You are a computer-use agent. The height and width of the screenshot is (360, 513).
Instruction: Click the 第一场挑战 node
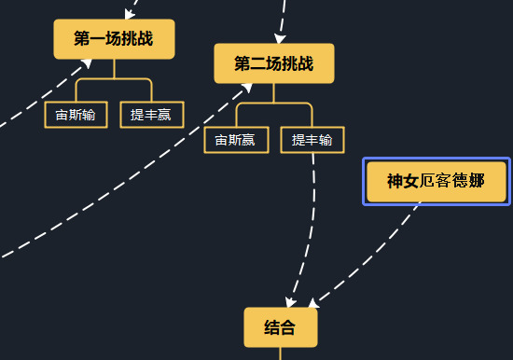click(x=114, y=39)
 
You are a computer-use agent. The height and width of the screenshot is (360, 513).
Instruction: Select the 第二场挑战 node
click(x=273, y=63)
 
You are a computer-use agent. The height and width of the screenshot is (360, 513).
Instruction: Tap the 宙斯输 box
click(x=76, y=115)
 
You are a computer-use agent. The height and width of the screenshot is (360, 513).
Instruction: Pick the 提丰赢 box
click(x=152, y=115)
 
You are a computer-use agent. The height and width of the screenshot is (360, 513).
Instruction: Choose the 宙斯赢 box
click(x=236, y=140)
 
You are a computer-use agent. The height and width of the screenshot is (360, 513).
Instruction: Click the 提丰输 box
click(x=312, y=140)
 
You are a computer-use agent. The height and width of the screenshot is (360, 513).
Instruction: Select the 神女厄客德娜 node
click(x=436, y=181)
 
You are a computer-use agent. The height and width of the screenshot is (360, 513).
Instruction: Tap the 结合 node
click(x=280, y=327)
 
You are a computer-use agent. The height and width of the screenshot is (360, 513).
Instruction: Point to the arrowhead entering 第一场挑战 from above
click(x=129, y=14)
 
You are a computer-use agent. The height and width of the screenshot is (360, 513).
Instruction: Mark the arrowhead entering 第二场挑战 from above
click(x=280, y=38)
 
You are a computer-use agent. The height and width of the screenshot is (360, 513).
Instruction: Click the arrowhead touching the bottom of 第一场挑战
click(x=88, y=62)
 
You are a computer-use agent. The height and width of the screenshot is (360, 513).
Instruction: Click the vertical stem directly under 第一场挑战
click(x=114, y=68)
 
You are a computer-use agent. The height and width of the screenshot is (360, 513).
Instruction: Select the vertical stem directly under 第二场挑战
click(x=273, y=92)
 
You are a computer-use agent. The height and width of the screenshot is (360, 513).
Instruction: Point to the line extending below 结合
click(x=280, y=353)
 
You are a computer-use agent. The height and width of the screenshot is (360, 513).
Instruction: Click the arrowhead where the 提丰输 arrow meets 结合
click(x=292, y=301)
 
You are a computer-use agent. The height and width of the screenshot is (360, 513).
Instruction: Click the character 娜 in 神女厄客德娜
click(x=477, y=181)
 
